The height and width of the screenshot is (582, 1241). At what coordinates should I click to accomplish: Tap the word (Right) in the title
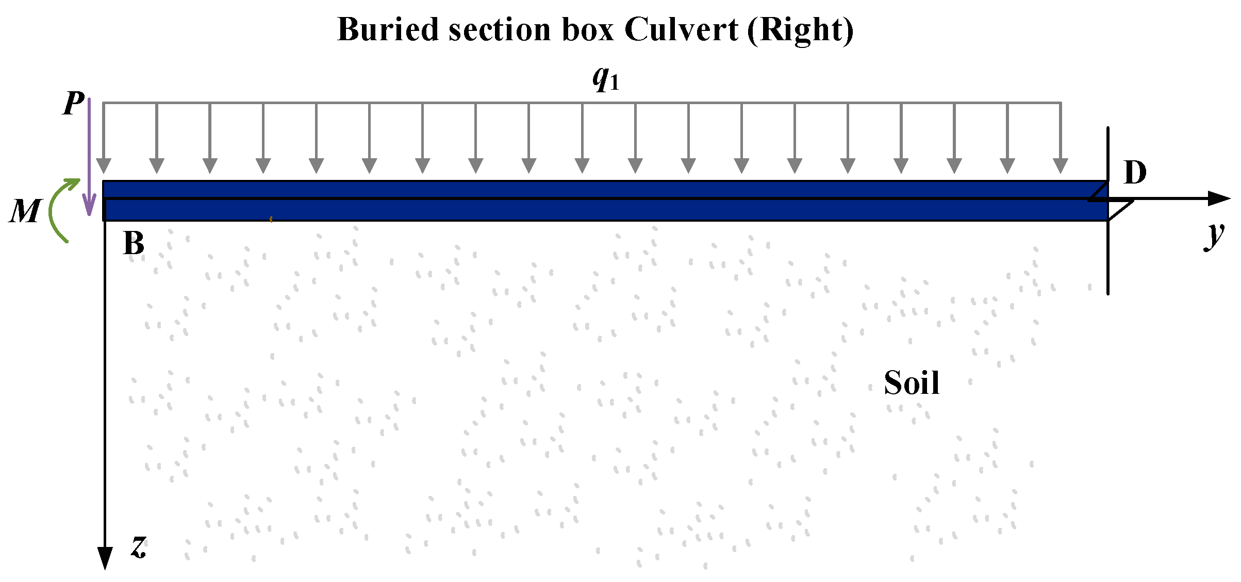point(800,30)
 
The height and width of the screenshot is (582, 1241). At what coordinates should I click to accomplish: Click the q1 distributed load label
point(605,78)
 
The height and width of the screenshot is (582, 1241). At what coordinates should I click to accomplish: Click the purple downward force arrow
point(89,155)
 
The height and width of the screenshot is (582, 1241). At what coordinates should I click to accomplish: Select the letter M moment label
point(24,211)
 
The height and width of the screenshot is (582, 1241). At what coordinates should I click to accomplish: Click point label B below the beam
point(134,243)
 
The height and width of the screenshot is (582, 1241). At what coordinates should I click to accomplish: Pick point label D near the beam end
point(1135,172)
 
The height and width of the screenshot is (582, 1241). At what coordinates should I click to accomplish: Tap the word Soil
point(912,383)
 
